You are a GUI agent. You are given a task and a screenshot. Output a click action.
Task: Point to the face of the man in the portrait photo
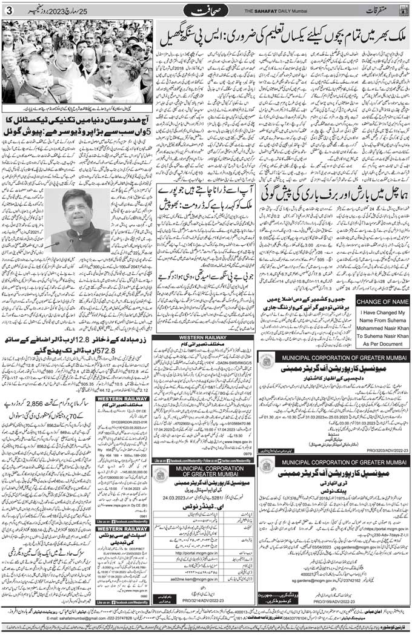click(78, 211)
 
